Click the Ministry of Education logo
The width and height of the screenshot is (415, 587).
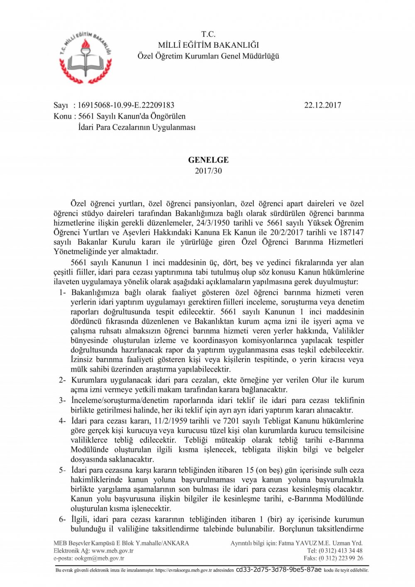pos(86,57)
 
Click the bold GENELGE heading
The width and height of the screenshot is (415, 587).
pos(208,160)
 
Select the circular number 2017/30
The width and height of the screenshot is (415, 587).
pos(208,170)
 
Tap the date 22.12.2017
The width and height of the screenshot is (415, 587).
pos(322,105)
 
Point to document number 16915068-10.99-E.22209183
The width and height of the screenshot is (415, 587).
pos(126,105)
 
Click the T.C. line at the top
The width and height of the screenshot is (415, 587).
pos(208,34)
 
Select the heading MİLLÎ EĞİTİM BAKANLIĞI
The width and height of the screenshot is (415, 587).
pos(208,45)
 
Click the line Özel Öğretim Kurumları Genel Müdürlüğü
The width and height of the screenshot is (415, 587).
pos(208,56)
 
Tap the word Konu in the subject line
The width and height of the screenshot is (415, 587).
pos(63,116)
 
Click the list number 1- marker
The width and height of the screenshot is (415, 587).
pos(62,292)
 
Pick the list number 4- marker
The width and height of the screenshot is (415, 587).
pos(62,421)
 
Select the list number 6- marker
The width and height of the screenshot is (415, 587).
pos(62,519)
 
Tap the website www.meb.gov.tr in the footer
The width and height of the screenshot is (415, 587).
pos(112,550)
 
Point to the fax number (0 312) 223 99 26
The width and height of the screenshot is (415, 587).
pos(341,558)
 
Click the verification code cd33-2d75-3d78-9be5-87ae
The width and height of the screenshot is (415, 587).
pos(278,570)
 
